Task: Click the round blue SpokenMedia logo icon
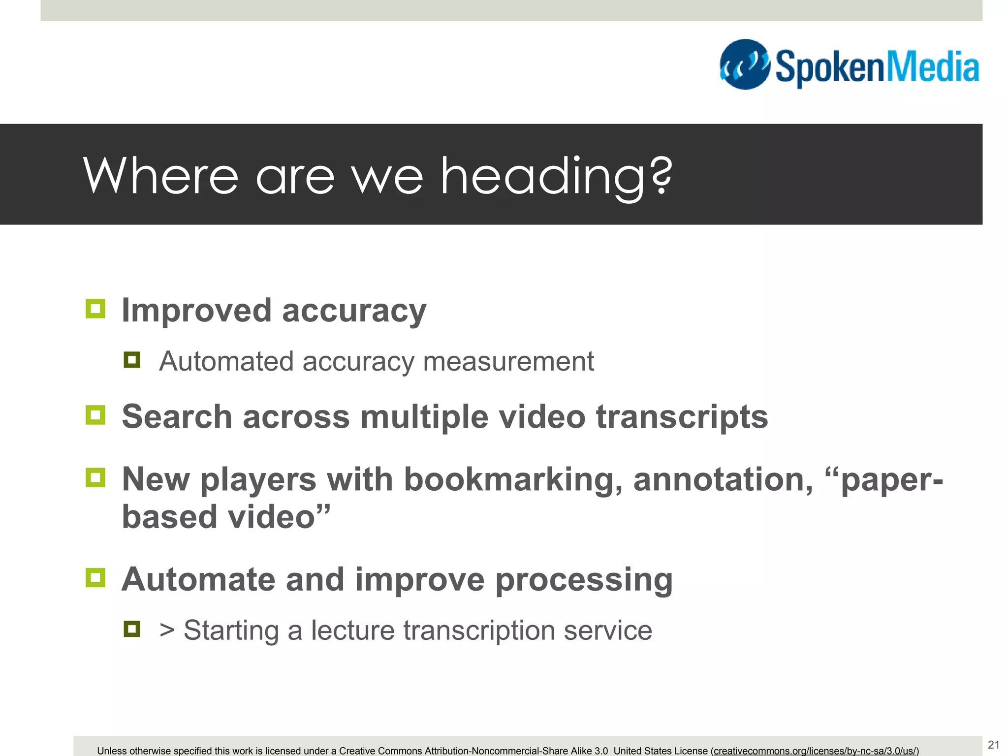745,64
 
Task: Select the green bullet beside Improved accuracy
95,309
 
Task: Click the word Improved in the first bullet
196,311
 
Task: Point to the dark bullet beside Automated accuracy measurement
132,360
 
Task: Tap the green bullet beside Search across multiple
95,415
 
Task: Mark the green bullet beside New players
95,477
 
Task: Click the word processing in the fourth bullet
584,580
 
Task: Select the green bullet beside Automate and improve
95,578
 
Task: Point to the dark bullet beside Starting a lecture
132,629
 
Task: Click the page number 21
993,744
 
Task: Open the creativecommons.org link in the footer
815,751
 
